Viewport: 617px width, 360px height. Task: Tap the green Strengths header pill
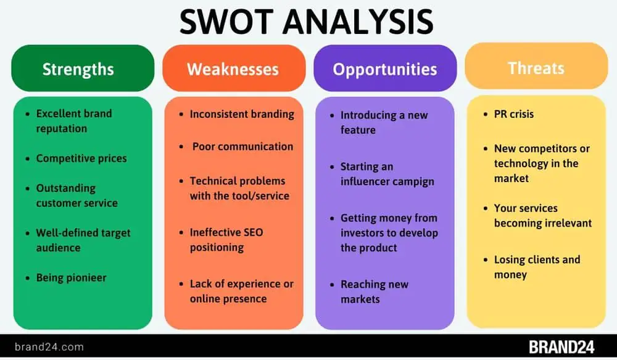[83, 68]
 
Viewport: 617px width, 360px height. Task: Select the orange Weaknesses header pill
[234, 68]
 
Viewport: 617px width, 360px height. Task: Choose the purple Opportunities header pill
[385, 68]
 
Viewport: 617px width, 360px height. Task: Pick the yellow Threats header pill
[536, 66]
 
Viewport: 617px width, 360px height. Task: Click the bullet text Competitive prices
[81, 158]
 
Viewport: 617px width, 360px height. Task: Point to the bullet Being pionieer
[71, 278]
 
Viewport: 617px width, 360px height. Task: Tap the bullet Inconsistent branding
[242, 114]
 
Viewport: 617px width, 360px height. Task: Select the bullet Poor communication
[242, 146]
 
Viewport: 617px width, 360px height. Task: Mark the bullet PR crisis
[514, 114]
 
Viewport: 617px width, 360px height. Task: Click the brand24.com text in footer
[49, 347]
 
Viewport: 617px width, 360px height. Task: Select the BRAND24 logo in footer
[561, 347]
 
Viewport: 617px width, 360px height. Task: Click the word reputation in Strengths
[61, 129]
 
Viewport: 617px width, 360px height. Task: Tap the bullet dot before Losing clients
[486, 260]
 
